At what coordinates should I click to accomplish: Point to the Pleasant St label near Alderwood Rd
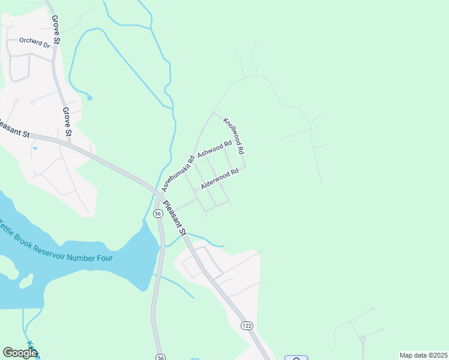point(175,217)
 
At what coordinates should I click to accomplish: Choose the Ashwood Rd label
point(214,149)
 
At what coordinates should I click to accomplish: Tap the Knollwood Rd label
point(233,136)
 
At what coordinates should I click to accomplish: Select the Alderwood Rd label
point(220,179)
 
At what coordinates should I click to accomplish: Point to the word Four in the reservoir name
point(103,258)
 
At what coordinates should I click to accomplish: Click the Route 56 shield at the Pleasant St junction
point(158,214)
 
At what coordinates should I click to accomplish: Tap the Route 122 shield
point(247,325)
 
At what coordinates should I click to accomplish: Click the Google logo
point(19,353)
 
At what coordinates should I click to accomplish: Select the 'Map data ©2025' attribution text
point(423,355)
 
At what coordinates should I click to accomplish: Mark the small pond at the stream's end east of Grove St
point(89,97)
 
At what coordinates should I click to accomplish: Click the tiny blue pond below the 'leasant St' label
point(35,148)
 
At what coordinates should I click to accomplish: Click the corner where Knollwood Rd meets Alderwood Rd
point(244,167)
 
